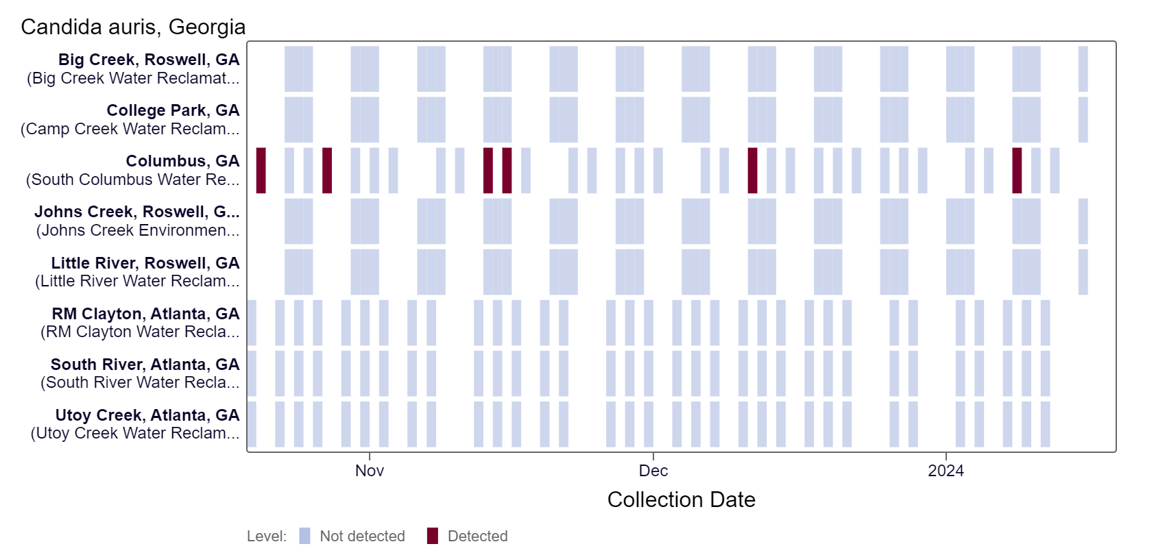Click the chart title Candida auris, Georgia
pyautogui.click(x=133, y=27)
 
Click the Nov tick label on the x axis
pyautogui.click(x=370, y=471)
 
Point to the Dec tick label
pyautogui.click(x=653, y=471)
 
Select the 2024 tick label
pyautogui.click(x=946, y=471)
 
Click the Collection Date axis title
pyautogui.click(x=681, y=500)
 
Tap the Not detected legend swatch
pyautogui.click(x=305, y=536)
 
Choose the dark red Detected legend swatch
pyautogui.click(x=433, y=536)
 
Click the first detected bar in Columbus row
pyautogui.click(x=261, y=171)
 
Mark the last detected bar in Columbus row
pyautogui.click(x=1017, y=171)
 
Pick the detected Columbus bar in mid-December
pyautogui.click(x=752, y=171)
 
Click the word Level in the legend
pyautogui.click(x=266, y=536)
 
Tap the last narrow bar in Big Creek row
pyautogui.click(x=1083, y=69)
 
